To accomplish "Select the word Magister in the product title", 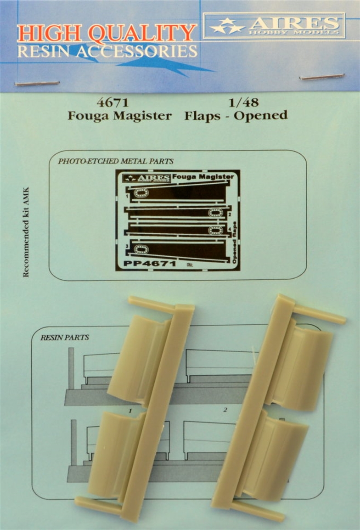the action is tap(142, 116).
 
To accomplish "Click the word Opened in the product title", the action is tap(261, 116).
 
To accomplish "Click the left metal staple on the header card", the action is tap(37, 83).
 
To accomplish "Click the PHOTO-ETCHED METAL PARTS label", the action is tap(116, 161).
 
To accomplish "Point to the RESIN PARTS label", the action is tap(65, 337).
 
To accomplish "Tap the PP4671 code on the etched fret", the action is tap(149, 263).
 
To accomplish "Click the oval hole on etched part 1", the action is tap(141, 193).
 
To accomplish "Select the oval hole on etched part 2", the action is tap(215, 213).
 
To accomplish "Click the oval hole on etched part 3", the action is tap(141, 249).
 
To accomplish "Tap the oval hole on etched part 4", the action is tap(215, 230).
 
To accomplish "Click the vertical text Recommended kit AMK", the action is tap(26, 232).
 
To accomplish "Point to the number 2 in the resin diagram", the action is tap(225, 410).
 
